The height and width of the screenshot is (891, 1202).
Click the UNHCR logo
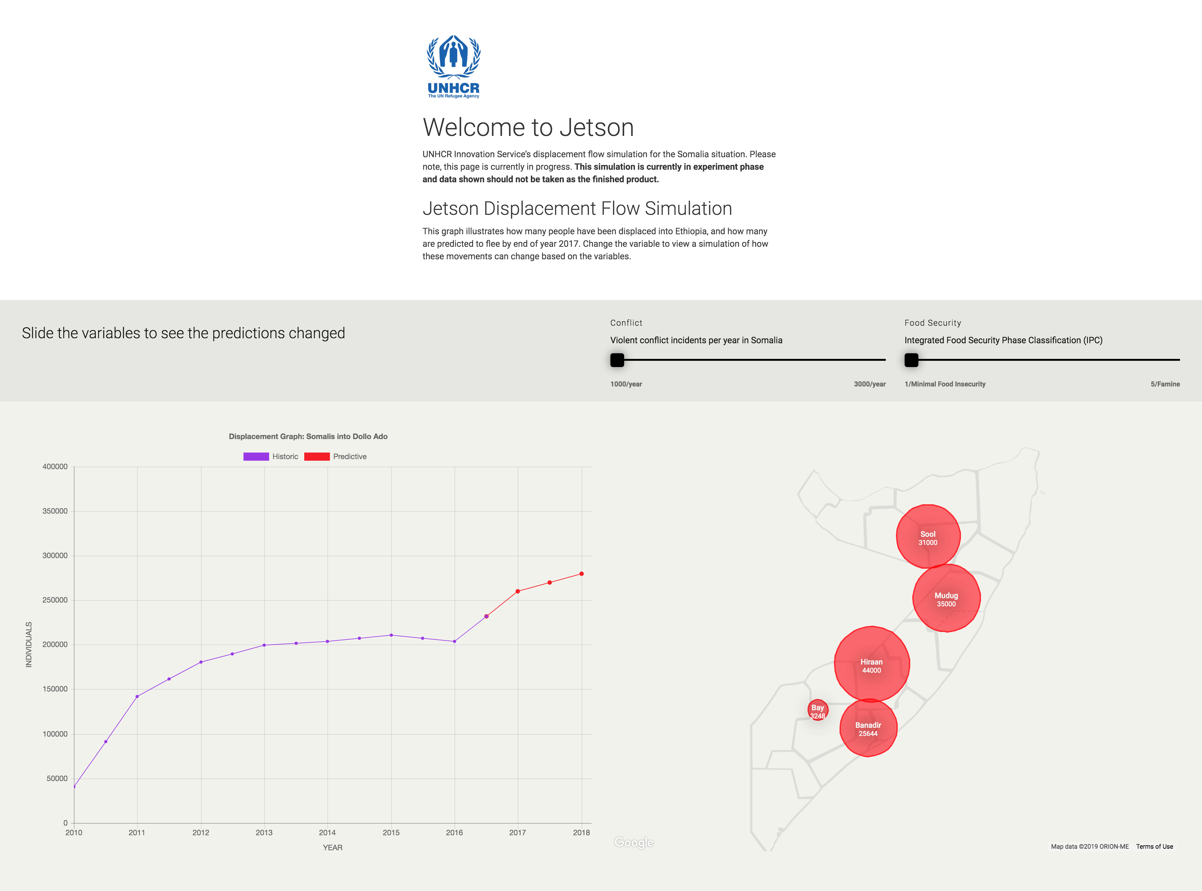(x=453, y=66)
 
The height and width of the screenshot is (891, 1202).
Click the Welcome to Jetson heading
(x=528, y=127)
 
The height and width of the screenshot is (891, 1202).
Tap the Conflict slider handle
(x=617, y=360)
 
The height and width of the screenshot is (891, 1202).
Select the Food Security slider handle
(x=911, y=360)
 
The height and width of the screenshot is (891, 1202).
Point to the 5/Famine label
(x=1165, y=384)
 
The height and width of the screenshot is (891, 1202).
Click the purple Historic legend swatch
(x=256, y=456)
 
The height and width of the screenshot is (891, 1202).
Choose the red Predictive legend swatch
(x=317, y=456)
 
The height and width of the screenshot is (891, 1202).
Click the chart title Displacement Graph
(x=308, y=436)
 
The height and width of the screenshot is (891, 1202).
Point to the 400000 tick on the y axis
(x=55, y=467)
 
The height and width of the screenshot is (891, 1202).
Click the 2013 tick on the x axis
(x=264, y=832)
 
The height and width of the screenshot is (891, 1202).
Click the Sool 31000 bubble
(x=928, y=537)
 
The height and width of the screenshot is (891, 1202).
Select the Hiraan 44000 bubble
(x=871, y=665)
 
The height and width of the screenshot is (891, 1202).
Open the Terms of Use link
(x=1154, y=846)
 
